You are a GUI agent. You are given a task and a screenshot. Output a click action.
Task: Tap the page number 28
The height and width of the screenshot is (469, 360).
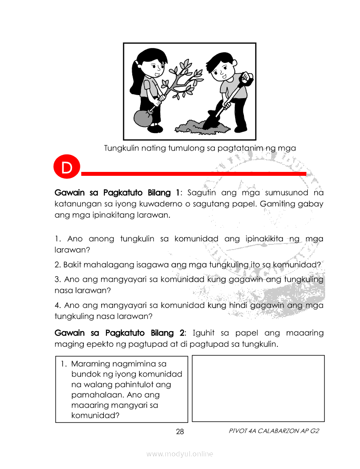[x=180, y=432]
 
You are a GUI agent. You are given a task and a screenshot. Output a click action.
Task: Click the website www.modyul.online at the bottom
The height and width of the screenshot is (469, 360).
[x=180, y=454]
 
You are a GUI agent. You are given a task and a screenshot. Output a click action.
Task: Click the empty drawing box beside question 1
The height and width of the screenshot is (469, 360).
[x=258, y=388]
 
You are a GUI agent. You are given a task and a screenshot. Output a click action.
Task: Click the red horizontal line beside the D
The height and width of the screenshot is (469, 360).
[x=194, y=174]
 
